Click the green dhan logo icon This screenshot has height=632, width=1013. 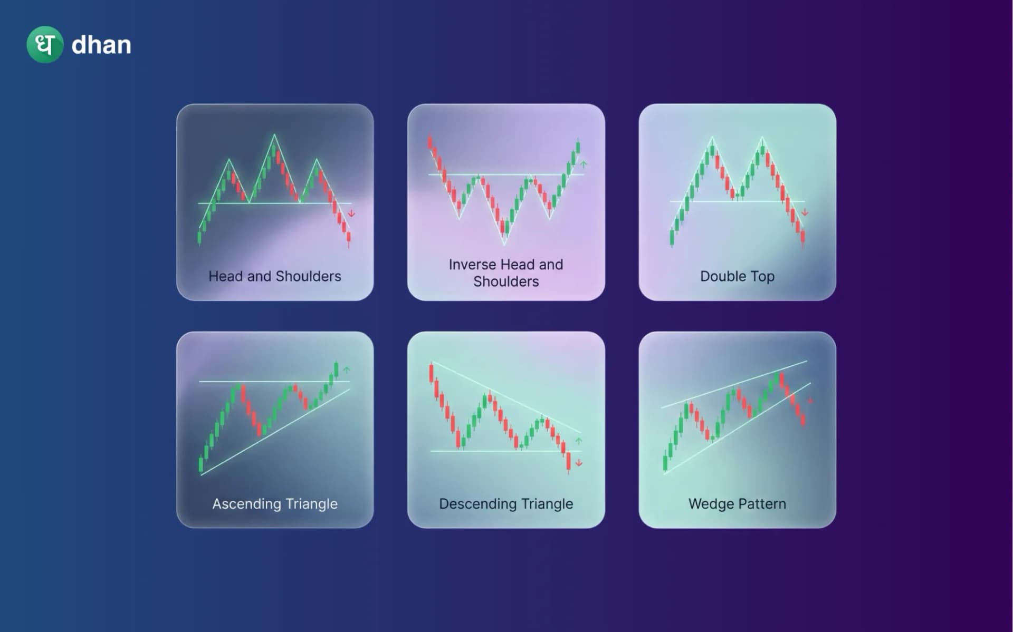point(45,45)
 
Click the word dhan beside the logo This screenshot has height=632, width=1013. point(101,45)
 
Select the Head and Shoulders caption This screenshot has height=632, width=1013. point(274,276)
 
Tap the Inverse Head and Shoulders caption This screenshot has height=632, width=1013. point(506,273)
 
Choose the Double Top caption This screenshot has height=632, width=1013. point(737,276)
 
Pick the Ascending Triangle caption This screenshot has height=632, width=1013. point(274,504)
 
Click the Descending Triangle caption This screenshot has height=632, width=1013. point(506,504)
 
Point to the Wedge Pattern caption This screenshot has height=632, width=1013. point(737,504)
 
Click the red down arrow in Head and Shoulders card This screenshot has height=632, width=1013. point(351,213)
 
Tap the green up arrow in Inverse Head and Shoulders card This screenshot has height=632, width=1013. point(584,164)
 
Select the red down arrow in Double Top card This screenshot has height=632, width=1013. point(805,212)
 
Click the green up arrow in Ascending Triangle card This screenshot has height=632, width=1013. point(347,370)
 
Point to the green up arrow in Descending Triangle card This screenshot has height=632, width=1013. point(579,441)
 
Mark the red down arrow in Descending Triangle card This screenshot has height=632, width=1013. point(579,463)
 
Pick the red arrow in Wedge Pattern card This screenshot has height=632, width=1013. point(810,401)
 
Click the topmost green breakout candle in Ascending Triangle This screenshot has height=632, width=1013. point(336,368)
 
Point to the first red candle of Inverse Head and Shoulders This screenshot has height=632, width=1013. point(431,142)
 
